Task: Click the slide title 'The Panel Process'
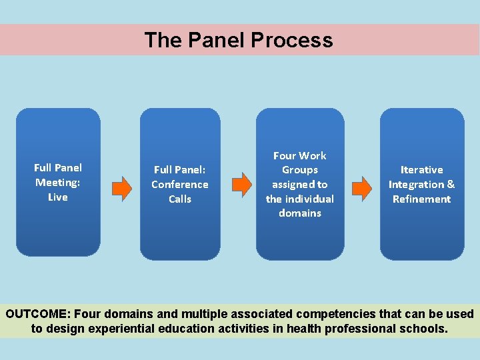[239, 40]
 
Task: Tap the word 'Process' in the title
[292, 40]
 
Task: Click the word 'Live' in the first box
[58, 197]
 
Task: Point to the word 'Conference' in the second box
[180, 185]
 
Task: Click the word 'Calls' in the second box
[180, 199]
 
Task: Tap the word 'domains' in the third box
[300, 213]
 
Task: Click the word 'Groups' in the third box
[300, 170]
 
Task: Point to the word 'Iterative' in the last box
[421, 170]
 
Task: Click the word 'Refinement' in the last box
[421, 199]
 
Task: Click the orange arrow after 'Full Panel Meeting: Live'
[121, 189]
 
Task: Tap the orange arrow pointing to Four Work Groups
[241, 185]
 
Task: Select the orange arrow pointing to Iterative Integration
[361, 188]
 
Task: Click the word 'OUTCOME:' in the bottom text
[38, 314]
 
